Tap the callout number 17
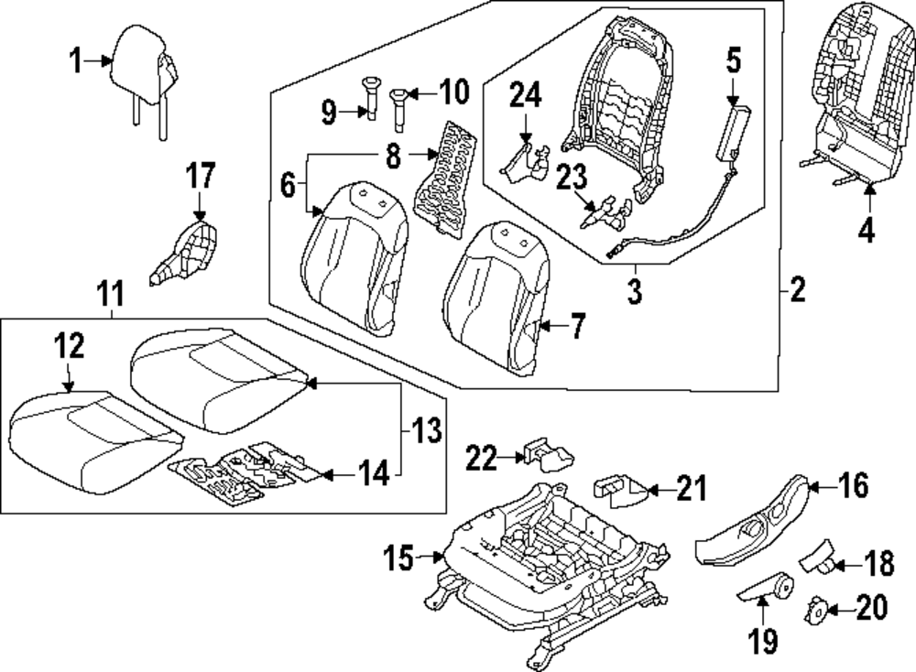(x=201, y=174)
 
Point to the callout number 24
(x=526, y=95)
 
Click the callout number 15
(x=401, y=556)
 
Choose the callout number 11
(x=110, y=294)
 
